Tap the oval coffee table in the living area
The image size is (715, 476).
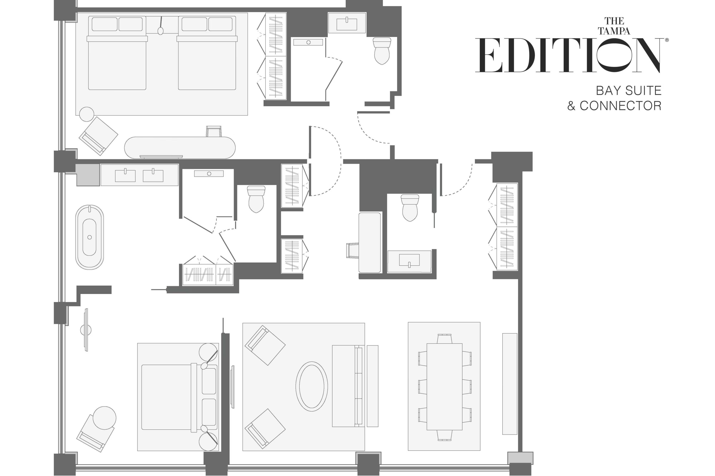312,386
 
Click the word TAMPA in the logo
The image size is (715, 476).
614,31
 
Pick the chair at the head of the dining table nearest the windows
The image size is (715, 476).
444,436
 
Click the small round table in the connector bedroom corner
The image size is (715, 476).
87,114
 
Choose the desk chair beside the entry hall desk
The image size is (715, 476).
353,250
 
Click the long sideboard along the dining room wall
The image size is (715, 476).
509,384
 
